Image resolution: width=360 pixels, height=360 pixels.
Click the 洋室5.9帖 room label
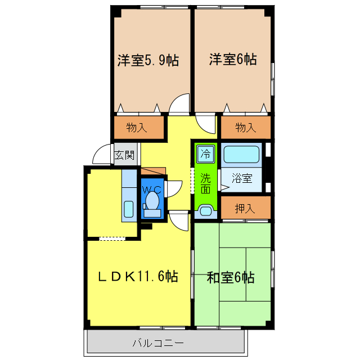148,60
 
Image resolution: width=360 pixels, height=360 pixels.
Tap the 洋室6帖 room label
233,58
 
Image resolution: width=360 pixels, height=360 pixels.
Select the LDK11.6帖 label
138,276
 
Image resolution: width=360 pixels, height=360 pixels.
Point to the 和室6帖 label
231,277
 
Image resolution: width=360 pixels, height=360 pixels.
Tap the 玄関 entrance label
124,155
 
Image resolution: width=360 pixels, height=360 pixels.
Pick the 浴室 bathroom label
242,178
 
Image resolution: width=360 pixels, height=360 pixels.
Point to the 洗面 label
206,183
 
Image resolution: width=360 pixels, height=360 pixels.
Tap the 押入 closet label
244,208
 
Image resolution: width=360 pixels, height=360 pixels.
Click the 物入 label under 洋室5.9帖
137,128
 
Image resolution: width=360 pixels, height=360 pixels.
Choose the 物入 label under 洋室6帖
245,128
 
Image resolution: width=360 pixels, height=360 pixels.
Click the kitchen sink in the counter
129,209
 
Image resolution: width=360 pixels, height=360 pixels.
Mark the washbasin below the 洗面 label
205,212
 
